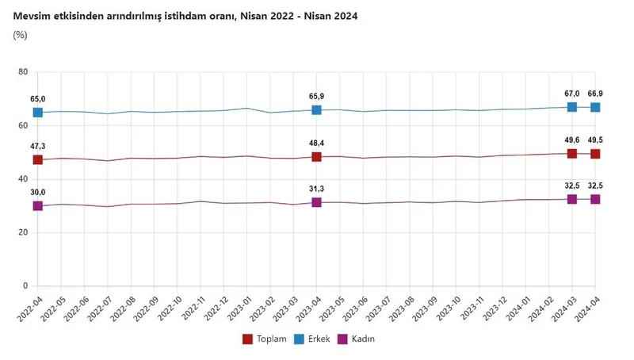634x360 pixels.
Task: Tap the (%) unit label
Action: [x=21, y=36]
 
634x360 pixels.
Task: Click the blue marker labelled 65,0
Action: [x=37, y=113]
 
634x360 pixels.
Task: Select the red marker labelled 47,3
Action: [x=37, y=159]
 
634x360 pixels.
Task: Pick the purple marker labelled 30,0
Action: [x=37, y=206]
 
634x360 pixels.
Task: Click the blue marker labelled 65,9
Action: [x=316, y=109]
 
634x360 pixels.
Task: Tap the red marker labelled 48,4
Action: [x=316, y=157]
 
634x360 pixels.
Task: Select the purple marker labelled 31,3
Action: [x=316, y=202]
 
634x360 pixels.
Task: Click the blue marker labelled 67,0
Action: [x=571, y=107]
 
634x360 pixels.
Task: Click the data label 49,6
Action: [x=571, y=140]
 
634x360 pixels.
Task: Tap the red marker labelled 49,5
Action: [x=595, y=154]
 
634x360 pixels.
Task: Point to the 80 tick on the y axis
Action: [x=23, y=72]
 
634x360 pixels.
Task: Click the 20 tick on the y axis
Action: [x=23, y=232]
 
